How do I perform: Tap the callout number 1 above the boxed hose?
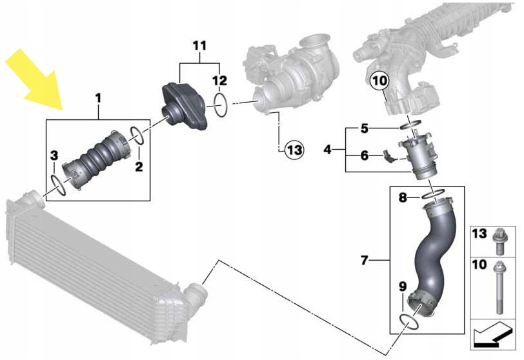point(98,98)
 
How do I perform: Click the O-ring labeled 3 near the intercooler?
point(57,184)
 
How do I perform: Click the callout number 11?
point(199,46)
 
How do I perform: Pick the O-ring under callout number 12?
point(219,105)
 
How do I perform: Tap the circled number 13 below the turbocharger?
point(294,150)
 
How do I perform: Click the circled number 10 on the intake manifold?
point(379,81)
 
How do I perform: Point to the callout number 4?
point(327,150)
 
